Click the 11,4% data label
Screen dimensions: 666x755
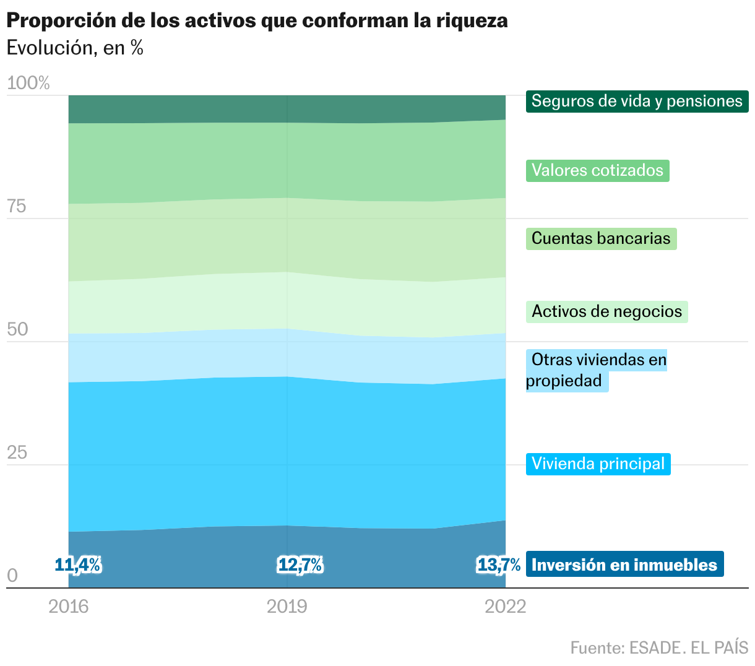click(77, 564)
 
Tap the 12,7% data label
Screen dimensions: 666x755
click(300, 564)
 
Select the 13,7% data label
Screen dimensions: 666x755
click(499, 564)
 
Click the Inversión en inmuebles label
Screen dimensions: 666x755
click(624, 564)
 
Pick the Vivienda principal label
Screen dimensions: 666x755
click(598, 464)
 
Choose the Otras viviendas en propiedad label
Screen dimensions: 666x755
click(596, 370)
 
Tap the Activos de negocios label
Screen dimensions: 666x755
click(606, 311)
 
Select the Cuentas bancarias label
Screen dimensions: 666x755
click(601, 238)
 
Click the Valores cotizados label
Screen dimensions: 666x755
click(597, 170)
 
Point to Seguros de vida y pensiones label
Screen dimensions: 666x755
click(637, 101)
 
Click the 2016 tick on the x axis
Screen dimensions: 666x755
click(69, 606)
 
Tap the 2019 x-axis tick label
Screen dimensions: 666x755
click(287, 606)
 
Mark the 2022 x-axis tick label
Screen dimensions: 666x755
click(506, 606)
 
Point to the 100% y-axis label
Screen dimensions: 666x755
click(28, 83)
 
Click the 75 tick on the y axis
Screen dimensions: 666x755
click(17, 206)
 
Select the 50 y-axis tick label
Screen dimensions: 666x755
click(17, 329)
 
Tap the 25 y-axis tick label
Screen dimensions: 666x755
click(17, 452)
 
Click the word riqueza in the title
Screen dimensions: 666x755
click(472, 20)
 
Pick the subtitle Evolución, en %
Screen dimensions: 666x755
click(75, 48)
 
